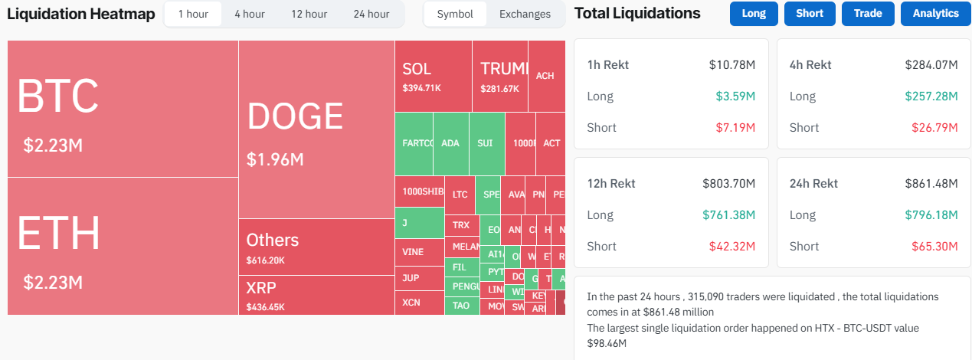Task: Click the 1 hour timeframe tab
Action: [x=193, y=14]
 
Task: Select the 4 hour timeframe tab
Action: [x=250, y=14]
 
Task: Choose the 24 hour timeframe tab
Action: [x=371, y=14]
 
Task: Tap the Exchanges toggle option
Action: [x=525, y=14]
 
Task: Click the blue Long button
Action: [x=754, y=14]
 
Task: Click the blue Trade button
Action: [x=868, y=14]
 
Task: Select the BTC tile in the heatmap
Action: [x=123, y=109]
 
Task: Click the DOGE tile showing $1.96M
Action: [x=316, y=129]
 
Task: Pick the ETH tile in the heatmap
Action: [x=123, y=246]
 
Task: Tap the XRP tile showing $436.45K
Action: [x=316, y=295]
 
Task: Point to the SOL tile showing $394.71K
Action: [x=433, y=77]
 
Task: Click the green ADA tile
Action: [x=450, y=143]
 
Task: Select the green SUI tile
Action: [x=486, y=143]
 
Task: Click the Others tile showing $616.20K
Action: [x=316, y=247]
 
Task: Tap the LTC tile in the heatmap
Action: [x=460, y=195]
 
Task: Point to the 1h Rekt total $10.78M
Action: [x=731, y=65]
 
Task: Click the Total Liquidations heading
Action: [x=637, y=14]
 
